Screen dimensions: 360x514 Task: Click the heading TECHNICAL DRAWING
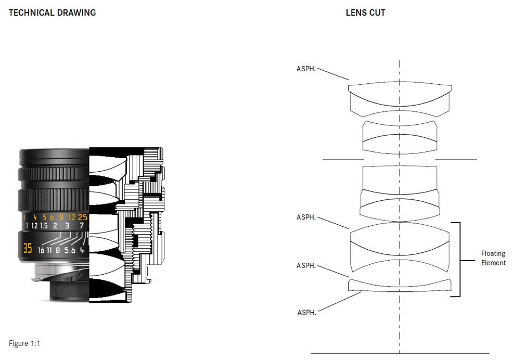pyautogui.click(x=53, y=12)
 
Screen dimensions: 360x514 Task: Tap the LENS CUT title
pyautogui.click(x=366, y=12)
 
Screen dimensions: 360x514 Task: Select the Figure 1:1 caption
pyautogui.click(x=24, y=344)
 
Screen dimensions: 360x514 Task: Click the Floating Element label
pyautogui.click(x=493, y=259)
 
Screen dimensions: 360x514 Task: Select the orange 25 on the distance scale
pyautogui.click(x=83, y=217)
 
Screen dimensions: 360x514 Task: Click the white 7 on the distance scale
pyautogui.click(x=82, y=226)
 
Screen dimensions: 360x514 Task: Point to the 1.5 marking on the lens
pyautogui.click(x=44, y=226)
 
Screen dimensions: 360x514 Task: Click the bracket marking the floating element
pyautogui.click(x=459, y=259)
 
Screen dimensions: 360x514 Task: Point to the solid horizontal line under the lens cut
pyautogui.click(x=399, y=353)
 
